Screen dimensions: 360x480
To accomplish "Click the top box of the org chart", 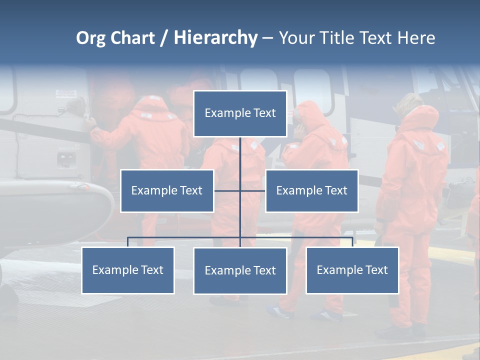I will click(240, 113).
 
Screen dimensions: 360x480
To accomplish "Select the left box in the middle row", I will click(167, 190).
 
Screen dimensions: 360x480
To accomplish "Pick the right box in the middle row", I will click(311, 190).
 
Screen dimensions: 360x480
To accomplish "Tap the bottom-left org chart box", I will click(127, 270).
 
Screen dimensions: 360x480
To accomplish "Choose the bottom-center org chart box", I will click(240, 270).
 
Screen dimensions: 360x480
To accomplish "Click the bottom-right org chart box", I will click(352, 270).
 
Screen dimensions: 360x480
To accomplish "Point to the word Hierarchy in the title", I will click(215, 38).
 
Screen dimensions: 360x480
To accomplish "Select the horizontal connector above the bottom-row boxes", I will click(185, 237).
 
